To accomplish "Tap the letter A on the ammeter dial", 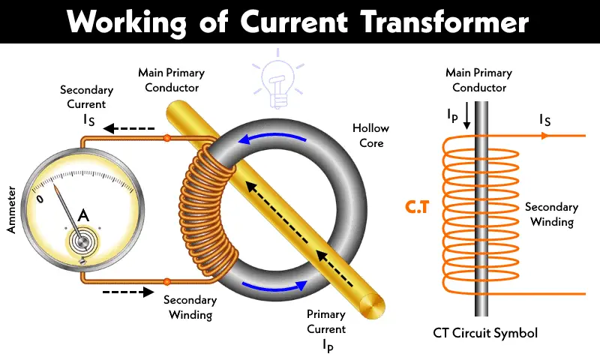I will pos(84,216).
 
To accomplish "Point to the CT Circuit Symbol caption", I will pos(485,332).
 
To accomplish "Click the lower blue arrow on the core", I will pos(274,288).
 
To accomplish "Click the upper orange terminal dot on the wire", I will pos(166,138).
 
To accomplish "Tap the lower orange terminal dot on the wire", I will pos(166,282).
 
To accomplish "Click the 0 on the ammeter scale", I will pos(41,201).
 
